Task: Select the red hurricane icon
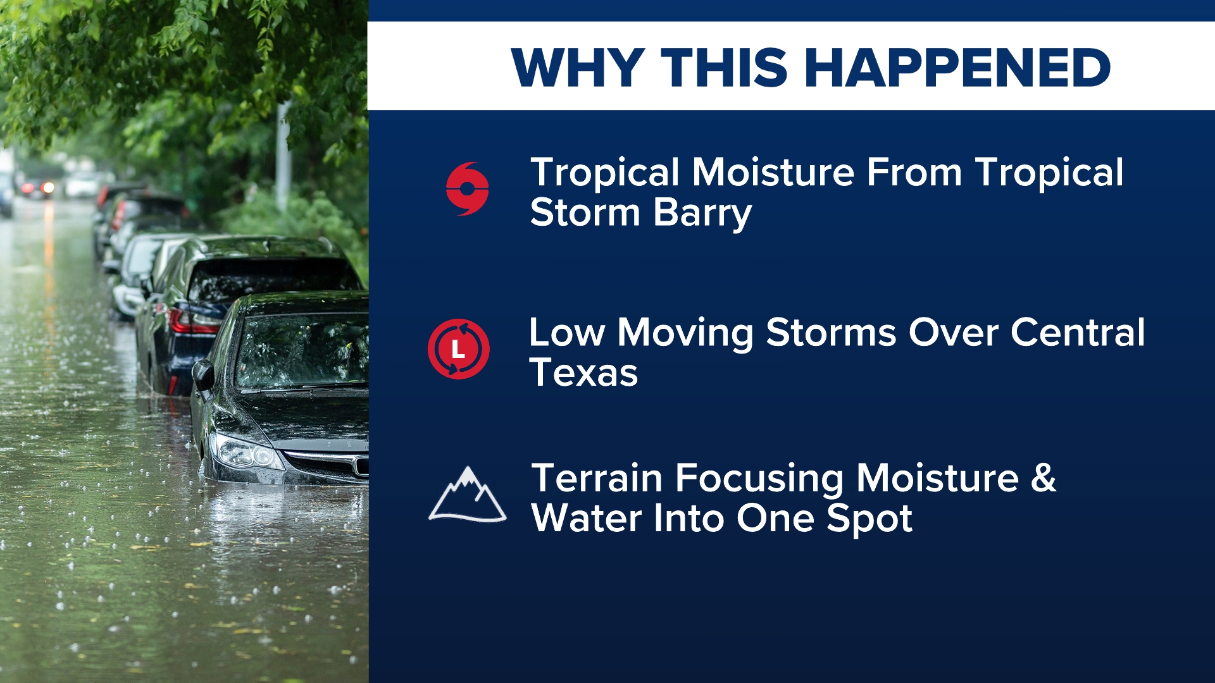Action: tap(467, 188)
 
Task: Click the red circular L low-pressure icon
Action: tap(458, 348)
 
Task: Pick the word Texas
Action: tap(583, 372)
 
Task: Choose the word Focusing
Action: tap(759, 479)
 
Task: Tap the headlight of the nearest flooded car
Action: tap(246, 452)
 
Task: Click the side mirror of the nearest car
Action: tap(204, 376)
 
